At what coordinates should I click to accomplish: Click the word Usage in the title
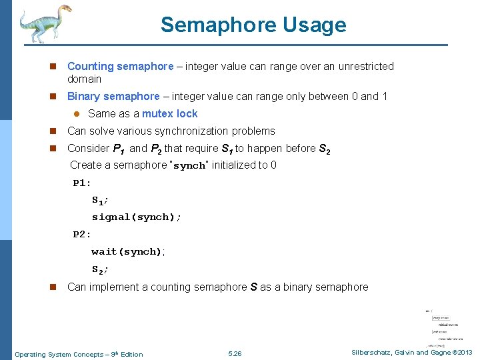point(315,25)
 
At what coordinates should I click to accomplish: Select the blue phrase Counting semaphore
point(120,67)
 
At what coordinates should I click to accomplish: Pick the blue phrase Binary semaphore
point(113,97)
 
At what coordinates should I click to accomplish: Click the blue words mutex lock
point(169,114)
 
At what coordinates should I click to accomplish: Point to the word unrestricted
point(363,67)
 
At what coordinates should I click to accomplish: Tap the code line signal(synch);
point(137,217)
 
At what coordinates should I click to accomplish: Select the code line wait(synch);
point(127,252)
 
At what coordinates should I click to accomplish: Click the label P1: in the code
point(82,183)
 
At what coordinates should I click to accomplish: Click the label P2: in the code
point(82,235)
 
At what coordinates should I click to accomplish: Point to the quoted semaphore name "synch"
point(189,165)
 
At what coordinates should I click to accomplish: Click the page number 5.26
point(235,354)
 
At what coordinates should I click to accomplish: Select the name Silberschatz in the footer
point(370,353)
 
